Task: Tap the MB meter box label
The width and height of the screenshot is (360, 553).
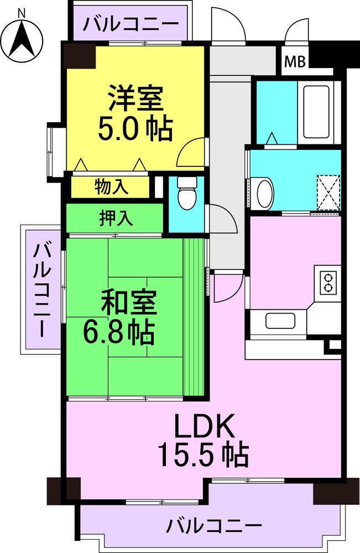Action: (x=295, y=62)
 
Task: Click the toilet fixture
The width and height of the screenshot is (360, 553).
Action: (x=186, y=193)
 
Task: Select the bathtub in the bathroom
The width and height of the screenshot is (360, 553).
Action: (x=316, y=112)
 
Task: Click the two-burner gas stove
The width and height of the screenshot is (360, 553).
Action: (x=328, y=283)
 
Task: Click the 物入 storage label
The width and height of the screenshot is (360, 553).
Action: (x=111, y=186)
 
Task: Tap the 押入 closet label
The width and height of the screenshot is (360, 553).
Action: (x=116, y=218)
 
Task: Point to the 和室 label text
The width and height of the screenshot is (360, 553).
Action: (x=129, y=302)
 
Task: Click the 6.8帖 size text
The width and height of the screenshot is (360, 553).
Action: (x=118, y=332)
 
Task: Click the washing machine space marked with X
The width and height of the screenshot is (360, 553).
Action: (x=328, y=192)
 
